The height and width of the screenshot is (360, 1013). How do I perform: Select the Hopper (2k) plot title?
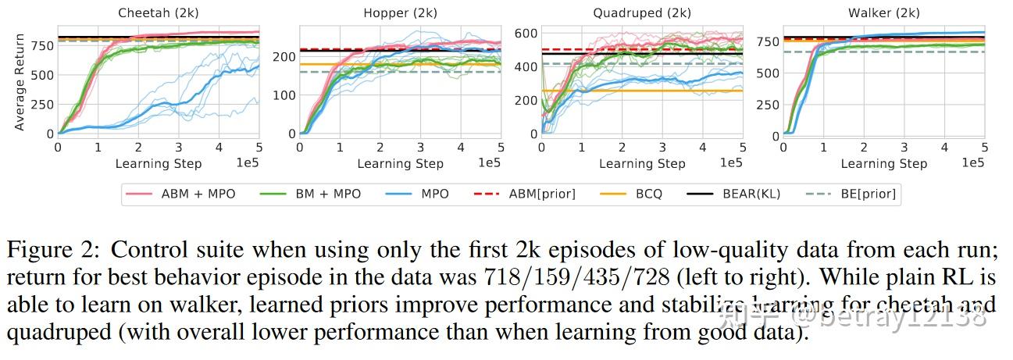tap(400, 13)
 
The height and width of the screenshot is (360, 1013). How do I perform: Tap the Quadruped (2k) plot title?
tap(641, 13)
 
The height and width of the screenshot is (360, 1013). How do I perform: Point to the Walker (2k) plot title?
tap(883, 13)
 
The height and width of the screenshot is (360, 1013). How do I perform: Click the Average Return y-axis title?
tap(20, 81)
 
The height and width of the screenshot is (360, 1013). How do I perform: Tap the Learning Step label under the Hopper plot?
tap(400, 164)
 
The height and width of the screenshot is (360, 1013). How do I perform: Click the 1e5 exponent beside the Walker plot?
tap(972, 162)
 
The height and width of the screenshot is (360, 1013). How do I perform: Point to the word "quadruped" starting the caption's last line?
tap(59, 332)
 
